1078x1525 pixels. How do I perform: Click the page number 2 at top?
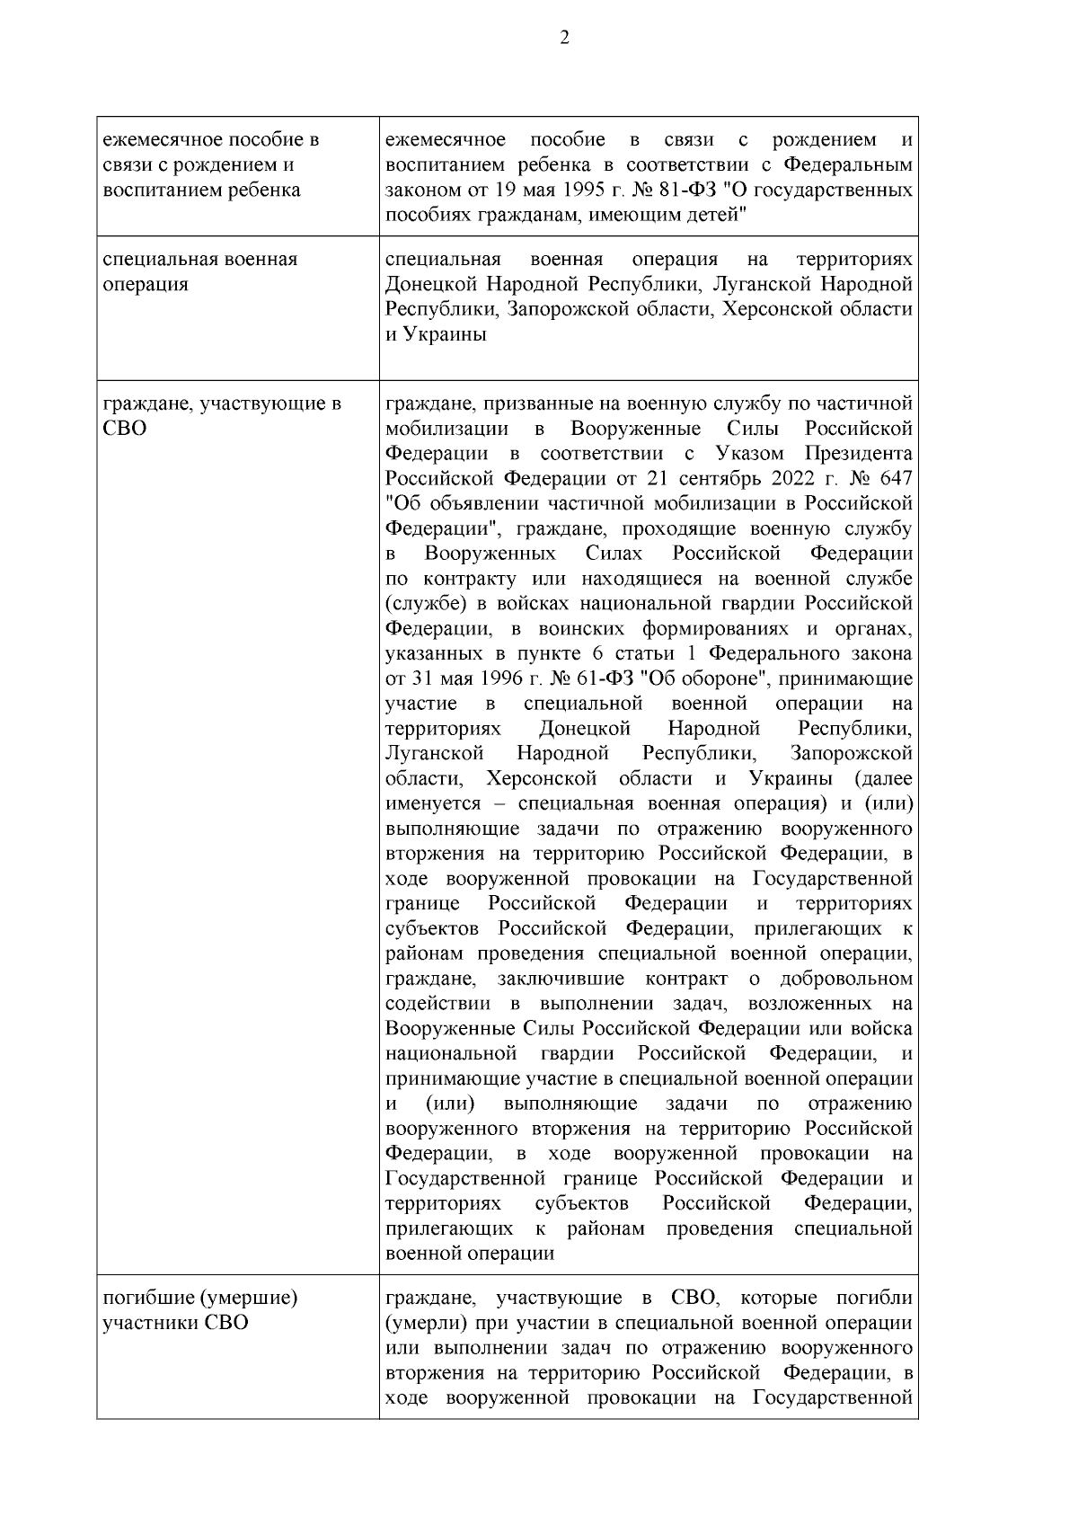tap(564, 38)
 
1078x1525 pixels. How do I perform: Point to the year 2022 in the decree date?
tap(769, 477)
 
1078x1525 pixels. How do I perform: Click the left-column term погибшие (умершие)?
tap(200, 1298)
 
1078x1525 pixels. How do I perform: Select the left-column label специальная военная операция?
tap(199, 271)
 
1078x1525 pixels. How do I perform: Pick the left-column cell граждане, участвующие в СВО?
tap(221, 414)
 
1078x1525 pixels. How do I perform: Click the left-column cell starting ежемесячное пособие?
tap(211, 165)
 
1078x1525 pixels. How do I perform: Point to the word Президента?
tap(867, 452)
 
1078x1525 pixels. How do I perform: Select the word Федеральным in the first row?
tap(848, 165)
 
